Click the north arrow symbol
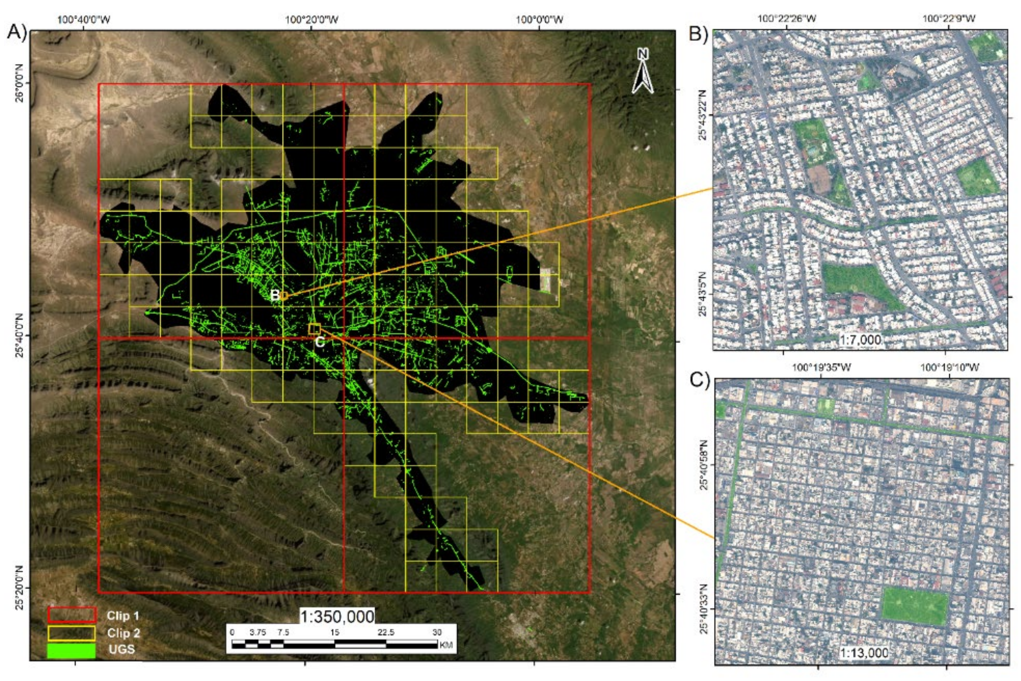[x=642, y=71]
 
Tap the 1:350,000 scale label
[x=337, y=616]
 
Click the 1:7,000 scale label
[x=860, y=339]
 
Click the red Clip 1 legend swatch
[x=72, y=615]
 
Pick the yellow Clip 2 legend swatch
[x=72, y=633]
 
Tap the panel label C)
[x=699, y=380]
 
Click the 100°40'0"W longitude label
[x=84, y=20]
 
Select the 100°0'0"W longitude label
[x=540, y=20]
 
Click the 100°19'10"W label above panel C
[x=950, y=367]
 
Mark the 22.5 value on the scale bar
[x=386, y=632]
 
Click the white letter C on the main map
[x=320, y=342]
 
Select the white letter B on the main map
[x=275, y=295]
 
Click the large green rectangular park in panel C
[x=914, y=606]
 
